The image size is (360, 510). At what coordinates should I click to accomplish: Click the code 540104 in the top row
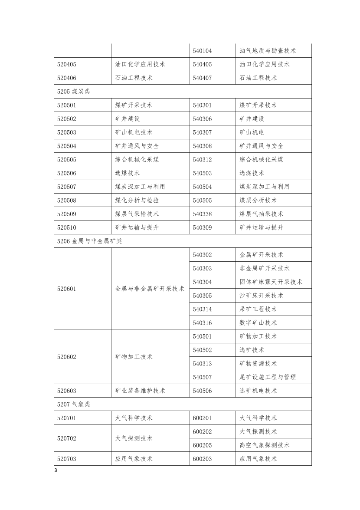coord(202,51)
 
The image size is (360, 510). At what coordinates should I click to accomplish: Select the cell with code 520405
coord(66,64)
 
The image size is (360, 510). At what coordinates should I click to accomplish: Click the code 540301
coord(202,105)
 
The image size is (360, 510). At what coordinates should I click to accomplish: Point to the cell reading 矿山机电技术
coord(134,132)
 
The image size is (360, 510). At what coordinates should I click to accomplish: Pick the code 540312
coord(202,159)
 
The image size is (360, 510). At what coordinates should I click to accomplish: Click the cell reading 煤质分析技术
coord(258,200)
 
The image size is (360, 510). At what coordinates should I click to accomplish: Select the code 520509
coord(66,214)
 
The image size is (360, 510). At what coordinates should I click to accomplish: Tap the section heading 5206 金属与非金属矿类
coord(89,241)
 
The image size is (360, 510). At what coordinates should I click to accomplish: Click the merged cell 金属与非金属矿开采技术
coord(150,289)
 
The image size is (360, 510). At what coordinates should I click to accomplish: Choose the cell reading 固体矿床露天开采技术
coord(271,282)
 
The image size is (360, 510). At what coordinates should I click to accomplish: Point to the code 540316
coord(202,322)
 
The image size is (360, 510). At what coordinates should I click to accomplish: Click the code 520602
coord(66,357)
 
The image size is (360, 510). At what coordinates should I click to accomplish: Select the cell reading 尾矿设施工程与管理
coord(268,377)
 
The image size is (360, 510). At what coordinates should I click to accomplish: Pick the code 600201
coord(202,418)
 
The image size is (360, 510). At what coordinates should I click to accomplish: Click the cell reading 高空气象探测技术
coord(265,445)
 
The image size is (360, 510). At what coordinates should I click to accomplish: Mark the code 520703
coord(66,459)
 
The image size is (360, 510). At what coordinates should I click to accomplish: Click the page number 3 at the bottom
coord(56,471)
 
